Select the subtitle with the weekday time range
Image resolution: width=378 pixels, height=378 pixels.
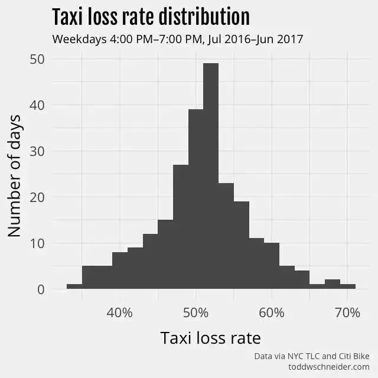177,40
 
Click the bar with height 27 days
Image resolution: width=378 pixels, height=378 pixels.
181,227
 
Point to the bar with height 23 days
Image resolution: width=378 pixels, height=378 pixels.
226,236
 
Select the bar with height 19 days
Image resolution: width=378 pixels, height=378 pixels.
241,245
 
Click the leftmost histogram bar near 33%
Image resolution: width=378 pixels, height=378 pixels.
74,286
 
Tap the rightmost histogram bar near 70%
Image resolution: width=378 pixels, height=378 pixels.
347,286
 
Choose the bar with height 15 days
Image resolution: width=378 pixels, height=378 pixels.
165,255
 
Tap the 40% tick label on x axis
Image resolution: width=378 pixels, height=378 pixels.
120,312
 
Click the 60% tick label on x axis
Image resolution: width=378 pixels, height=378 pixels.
272,312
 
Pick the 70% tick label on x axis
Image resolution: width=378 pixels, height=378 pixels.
347,312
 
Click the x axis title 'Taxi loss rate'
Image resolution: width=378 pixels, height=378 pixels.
210,338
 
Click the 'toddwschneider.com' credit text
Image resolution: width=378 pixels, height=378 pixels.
328,367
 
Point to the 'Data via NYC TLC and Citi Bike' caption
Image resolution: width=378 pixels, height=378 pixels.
311,356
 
